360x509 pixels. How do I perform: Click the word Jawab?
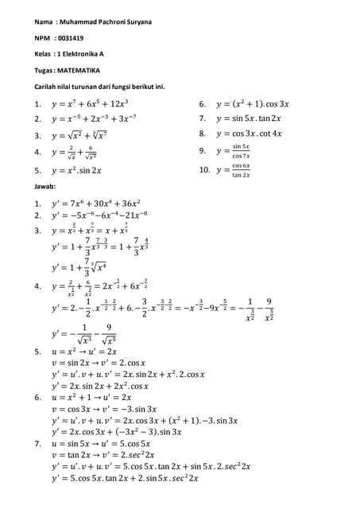[37, 186]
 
